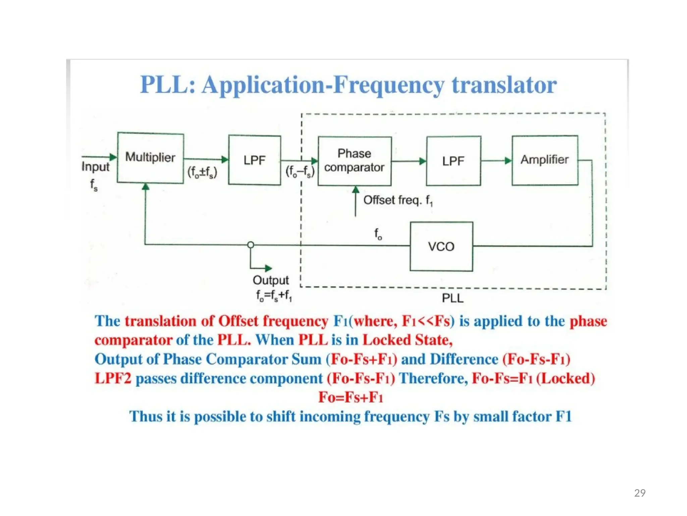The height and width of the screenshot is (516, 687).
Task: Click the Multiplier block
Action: (150, 158)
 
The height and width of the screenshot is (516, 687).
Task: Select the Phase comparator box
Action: (355, 161)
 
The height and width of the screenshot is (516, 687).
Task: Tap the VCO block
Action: (441, 247)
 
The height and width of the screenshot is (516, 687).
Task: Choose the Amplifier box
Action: (545, 160)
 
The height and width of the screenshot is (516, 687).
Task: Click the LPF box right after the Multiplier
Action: (255, 160)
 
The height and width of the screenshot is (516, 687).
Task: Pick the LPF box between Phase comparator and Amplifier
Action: (453, 161)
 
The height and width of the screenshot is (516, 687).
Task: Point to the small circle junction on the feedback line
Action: (251, 245)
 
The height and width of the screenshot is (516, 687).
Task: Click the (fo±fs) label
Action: (202, 172)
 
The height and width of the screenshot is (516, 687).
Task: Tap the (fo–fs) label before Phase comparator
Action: (300, 172)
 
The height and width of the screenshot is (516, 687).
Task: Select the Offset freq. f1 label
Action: (398, 201)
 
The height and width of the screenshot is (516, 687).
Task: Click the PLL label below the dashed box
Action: (453, 298)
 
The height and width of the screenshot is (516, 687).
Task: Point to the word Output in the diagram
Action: (271, 280)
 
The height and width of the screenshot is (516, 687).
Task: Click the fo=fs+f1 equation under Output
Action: (274, 296)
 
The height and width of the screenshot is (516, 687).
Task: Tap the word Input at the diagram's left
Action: (95, 167)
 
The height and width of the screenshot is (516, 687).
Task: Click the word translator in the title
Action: (504, 85)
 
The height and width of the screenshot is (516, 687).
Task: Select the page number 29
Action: (640, 493)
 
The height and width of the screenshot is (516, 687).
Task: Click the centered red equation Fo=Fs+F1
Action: (351, 397)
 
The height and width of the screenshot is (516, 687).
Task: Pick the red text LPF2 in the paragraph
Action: (113, 379)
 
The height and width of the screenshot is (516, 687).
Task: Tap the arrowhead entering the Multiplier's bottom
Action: (146, 187)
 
